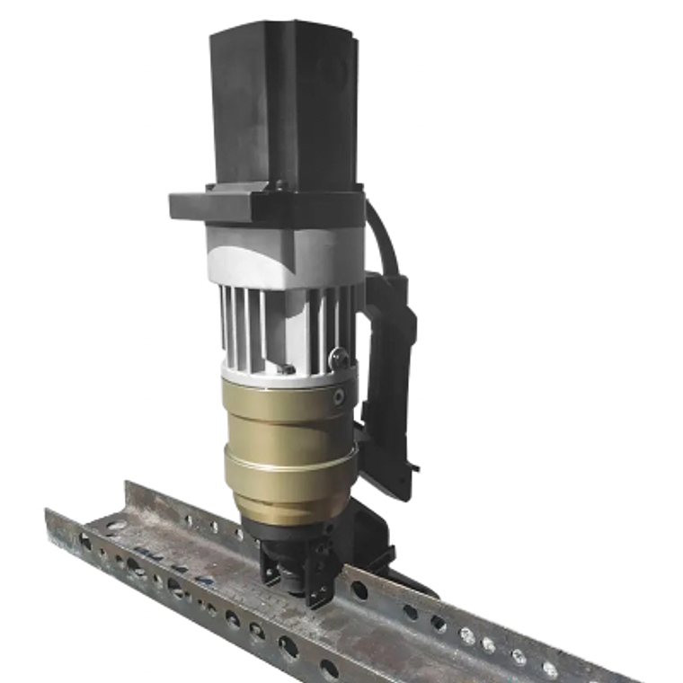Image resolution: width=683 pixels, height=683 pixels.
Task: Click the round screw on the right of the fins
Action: (x=340, y=359)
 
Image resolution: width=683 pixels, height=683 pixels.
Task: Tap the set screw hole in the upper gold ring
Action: (x=339, y=396)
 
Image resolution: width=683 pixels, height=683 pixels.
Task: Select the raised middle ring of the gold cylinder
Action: (x=289, y=466)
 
